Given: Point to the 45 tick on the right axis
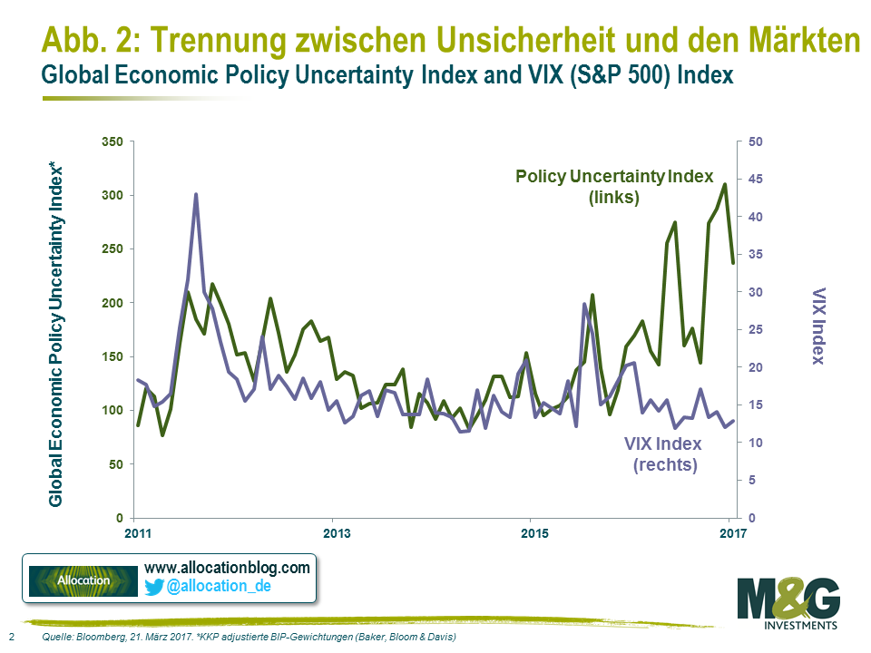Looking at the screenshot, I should tap(755, 180).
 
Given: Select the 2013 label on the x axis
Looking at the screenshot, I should tap(336, 532).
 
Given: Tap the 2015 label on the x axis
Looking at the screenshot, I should tap(533, 532).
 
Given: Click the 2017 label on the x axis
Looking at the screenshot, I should tap(730, 532).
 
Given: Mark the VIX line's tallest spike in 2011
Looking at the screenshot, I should tap(195, 194).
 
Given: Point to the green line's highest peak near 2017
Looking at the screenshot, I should tap(724, 185).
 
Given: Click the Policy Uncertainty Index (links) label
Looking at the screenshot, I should tap(614, 186).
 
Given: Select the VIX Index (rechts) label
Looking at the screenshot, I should tap(665, 454).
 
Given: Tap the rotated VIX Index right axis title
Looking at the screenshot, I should tap(817, 326).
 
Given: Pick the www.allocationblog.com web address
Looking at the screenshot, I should tap(227, 568).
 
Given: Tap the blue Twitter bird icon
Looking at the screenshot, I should tap(153, 588).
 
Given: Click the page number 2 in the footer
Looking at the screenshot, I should tap(11, 638).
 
